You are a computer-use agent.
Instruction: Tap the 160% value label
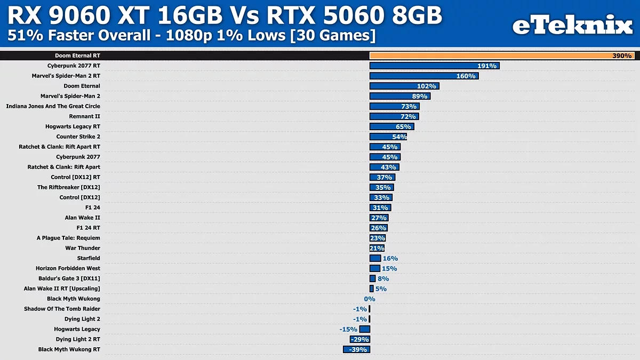(466, 76)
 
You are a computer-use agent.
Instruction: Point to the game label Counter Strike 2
(78, 137)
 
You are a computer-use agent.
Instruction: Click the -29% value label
(359, 339)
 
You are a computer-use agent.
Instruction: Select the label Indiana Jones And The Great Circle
(53, 106)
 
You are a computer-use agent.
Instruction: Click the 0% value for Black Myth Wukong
(370, 299)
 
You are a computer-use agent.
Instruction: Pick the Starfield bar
(375, 258)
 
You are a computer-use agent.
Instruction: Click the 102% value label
(427, 86)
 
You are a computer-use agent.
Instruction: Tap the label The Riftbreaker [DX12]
(68, 187)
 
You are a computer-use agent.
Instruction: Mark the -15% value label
(348, 329)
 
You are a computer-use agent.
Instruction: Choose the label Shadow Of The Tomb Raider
(62, 309)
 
